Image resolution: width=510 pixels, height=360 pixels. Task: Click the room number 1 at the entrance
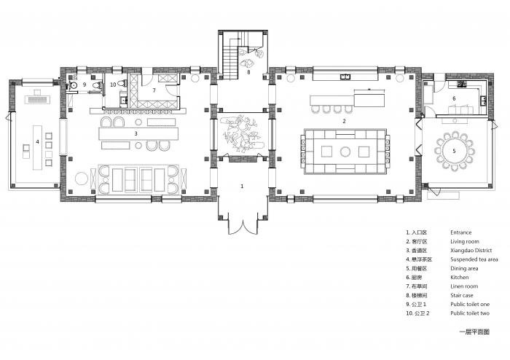pos(243,187)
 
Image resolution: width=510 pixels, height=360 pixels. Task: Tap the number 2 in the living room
pos(344,121)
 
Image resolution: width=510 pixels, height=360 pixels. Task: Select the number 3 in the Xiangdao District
pos(136,133)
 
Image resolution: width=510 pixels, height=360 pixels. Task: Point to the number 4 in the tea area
pos(36,141)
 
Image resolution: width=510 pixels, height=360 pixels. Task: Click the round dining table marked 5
pos(454,151)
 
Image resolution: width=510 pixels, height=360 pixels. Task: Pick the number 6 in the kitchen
pos(454,98)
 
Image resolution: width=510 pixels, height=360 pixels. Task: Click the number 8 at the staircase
pos(248,71)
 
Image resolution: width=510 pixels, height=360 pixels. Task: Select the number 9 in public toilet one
pos(85,85)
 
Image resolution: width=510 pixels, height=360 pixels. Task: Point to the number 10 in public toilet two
pos(114,85)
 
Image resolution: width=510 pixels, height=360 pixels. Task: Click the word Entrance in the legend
pos(463,232)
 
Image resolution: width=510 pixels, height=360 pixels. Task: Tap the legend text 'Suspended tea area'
pos(474,259)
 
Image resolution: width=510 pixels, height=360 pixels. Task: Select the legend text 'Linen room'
pos(465,286)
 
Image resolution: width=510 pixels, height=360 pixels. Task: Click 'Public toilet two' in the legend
pos(470,313)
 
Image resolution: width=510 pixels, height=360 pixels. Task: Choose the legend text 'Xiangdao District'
pos(471,250)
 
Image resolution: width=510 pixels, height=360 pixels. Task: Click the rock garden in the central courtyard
pos(241,135)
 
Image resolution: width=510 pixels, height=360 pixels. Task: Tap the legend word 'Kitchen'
pos(460,277)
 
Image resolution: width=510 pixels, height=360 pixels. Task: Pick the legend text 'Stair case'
pos(463,295)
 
